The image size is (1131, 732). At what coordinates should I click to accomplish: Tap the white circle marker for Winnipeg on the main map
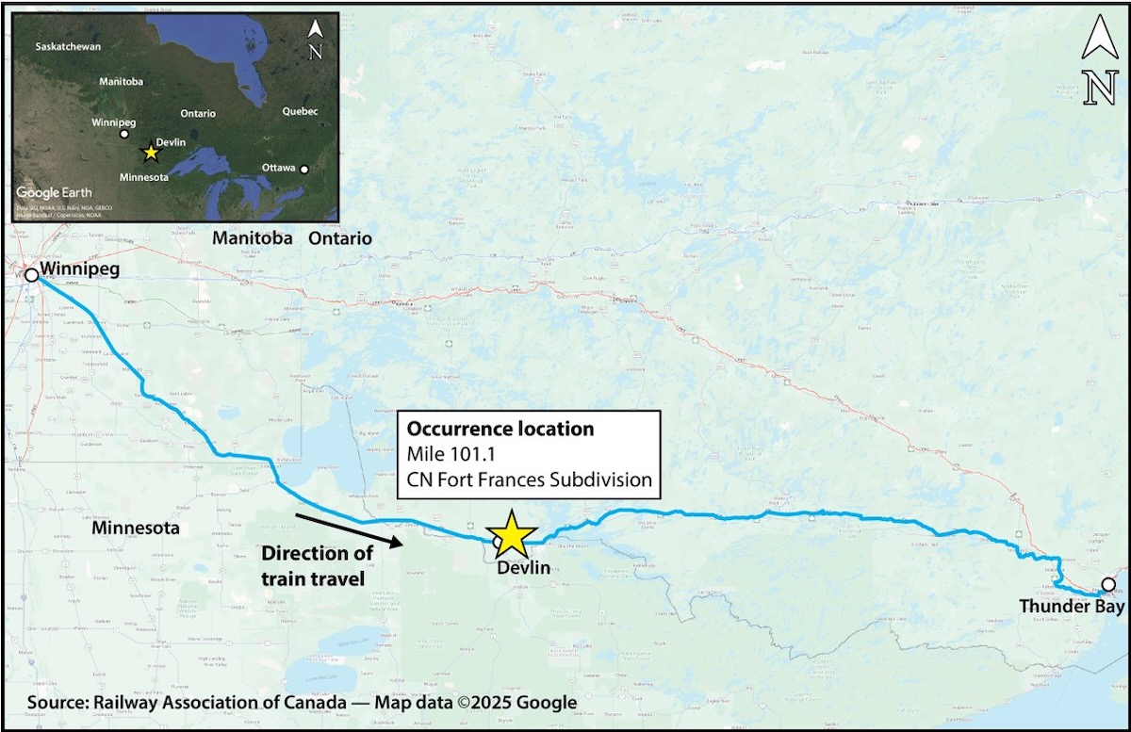[x=31, y=275]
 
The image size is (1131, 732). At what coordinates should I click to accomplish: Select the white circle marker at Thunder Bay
[x=1108, y=584]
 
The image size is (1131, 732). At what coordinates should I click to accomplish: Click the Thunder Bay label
[x=1072, y=608]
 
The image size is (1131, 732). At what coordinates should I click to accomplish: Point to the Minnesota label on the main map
[x=135, y=529]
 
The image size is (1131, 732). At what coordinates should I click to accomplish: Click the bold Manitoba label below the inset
[x=253, y=238]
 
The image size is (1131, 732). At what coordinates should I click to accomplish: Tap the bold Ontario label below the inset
[x=340, y=238]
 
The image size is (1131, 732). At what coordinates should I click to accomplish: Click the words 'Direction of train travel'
[x=317, y=565]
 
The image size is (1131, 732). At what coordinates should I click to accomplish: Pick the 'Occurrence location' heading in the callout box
[x=500, y=429]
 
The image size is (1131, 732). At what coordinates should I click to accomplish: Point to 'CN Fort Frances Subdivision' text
[x=530, y=480]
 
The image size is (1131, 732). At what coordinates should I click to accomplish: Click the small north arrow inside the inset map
[x=316, y=39]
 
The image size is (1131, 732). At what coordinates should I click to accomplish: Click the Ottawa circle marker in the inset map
[x=303, y=169]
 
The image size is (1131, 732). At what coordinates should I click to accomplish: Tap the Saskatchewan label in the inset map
[x=69, y=46]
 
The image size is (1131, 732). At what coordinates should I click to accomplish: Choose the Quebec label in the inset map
[x=300, y=111]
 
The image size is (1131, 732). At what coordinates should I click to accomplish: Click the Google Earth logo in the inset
[x=54, y=192]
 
